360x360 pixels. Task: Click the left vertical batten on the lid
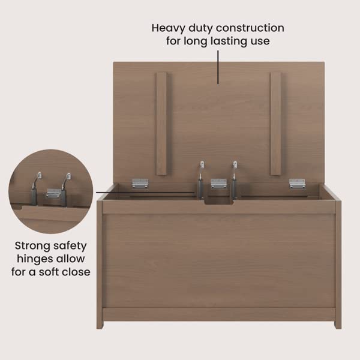(x=161, y=123)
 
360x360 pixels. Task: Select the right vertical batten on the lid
(x=275, y=123)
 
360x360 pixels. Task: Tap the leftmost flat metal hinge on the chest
(x=140, y=183)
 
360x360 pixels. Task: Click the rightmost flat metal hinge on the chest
(x=297, y=183)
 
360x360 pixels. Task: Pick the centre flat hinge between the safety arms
(x=218, y=184)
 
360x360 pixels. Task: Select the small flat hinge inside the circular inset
(x=53, y=193)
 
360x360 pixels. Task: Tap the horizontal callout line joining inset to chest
(x=144, y=193)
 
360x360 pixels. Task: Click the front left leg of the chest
(x=100, y=321)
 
